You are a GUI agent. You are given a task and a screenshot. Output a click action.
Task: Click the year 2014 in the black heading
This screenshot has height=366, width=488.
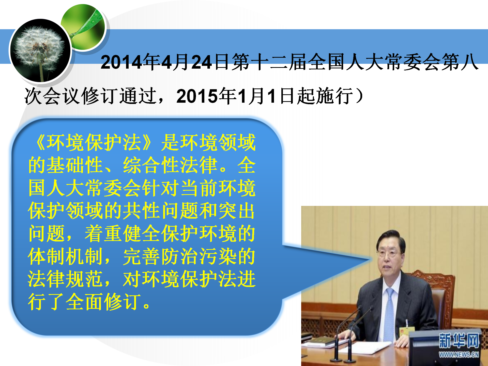pyautogui.click(x=121, y=62)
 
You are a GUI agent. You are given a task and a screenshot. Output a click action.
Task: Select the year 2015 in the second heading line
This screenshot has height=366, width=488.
pyautogui.click(x=197, y=96)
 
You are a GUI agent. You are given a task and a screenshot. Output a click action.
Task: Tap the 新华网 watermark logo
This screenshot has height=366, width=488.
pyautogui.click(x=459, y=341)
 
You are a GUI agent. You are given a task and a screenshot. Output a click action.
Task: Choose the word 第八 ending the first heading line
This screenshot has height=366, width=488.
pyautogui.click(x=460, y=62)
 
